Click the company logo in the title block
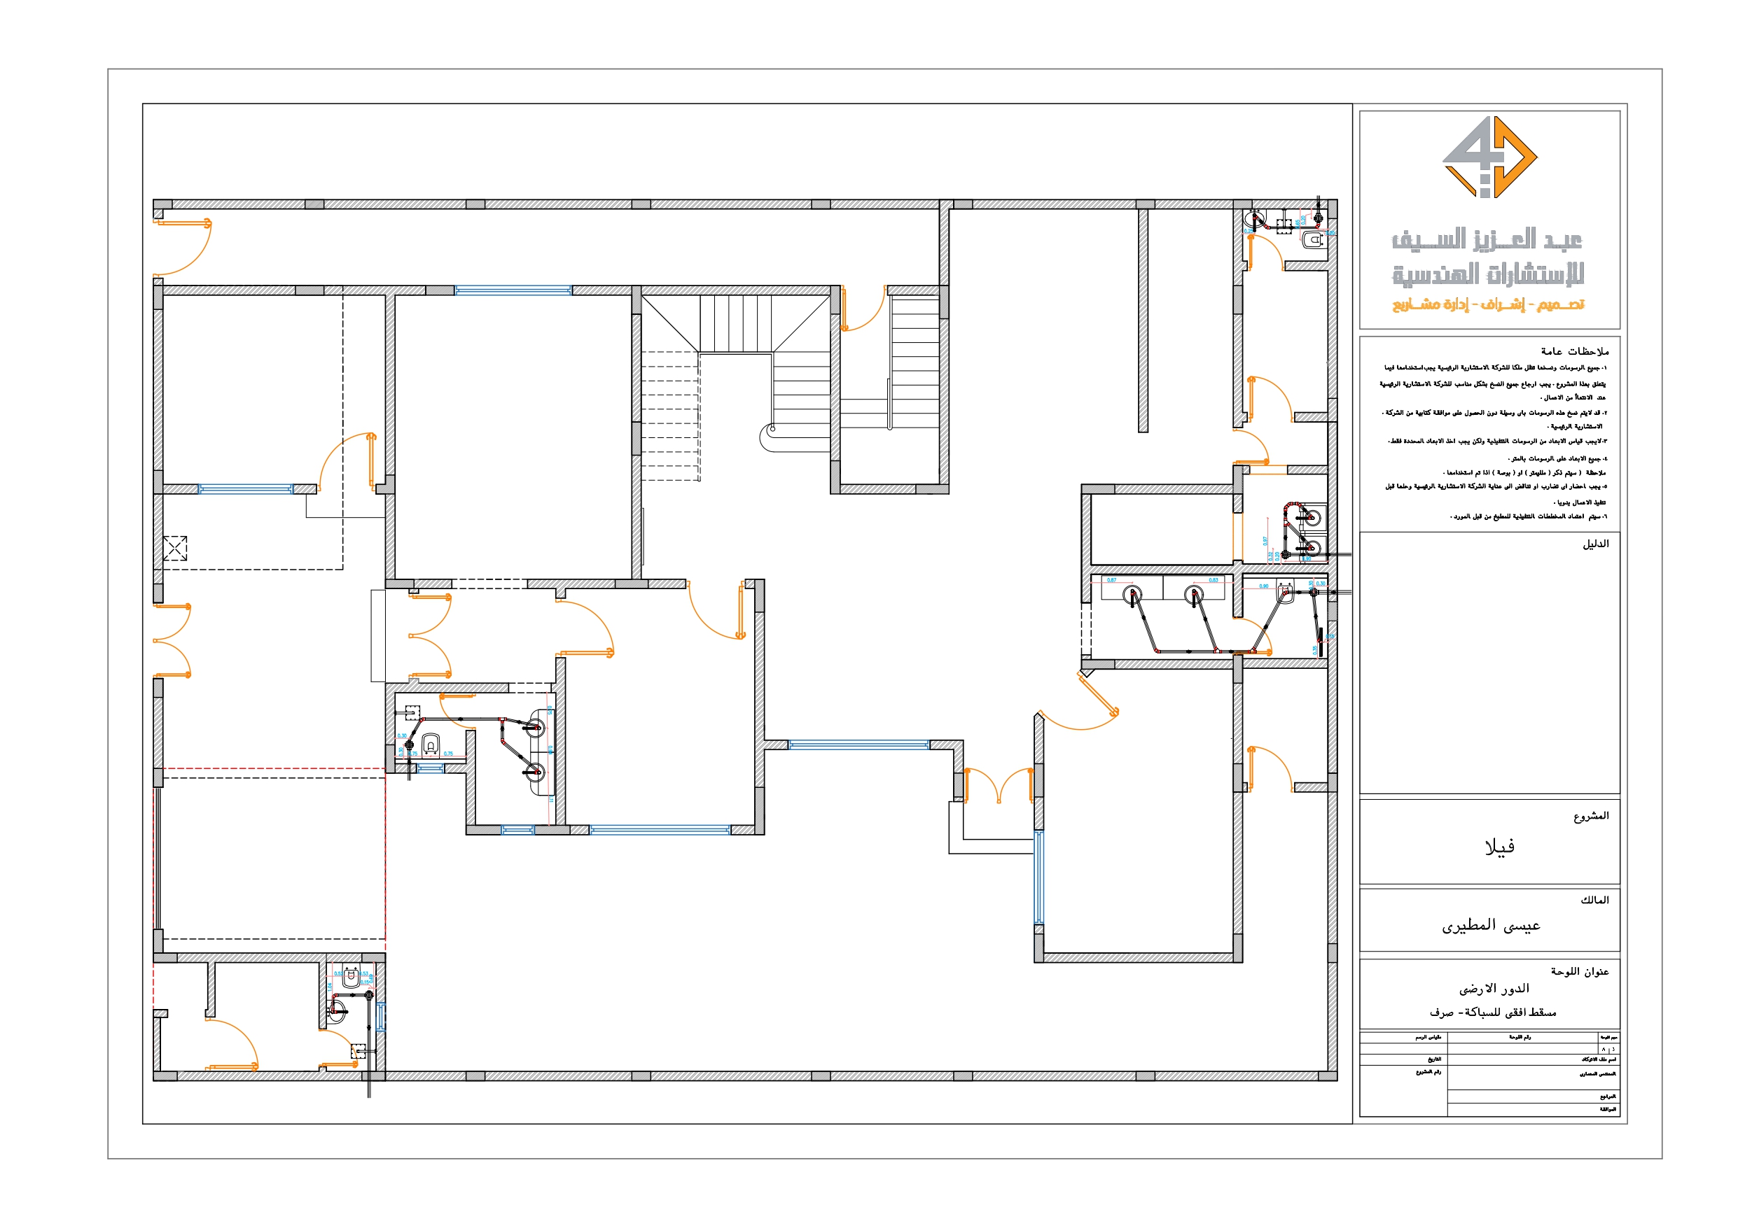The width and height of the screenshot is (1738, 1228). pos(1489,157)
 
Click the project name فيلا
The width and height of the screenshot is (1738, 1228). pos(1499,847)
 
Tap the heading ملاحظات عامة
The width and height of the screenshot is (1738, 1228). pos(1575,351)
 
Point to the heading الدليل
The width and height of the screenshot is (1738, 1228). pos(1595,544)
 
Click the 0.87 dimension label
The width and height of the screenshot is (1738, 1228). pos(1111,580)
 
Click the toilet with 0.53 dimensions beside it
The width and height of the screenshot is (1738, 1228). pos(351,978)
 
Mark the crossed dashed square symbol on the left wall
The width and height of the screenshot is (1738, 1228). pos(175,549)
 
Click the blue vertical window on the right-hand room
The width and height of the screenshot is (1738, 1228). pos(1038,877)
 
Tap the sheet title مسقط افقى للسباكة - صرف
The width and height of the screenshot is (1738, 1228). pos(1492,1012)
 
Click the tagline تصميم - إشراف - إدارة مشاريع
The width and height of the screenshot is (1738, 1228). pos(1487,304)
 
